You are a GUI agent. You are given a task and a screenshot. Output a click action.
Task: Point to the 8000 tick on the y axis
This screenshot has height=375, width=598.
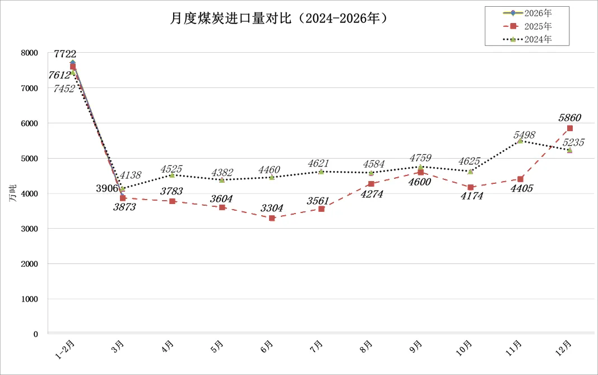[29, 53]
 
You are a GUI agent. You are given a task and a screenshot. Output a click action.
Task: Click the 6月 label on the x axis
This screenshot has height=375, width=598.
[267, 346]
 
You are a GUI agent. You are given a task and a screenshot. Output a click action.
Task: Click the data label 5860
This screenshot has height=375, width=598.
[569, 118]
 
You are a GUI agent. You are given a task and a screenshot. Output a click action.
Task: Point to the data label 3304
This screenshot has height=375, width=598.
[272, 208]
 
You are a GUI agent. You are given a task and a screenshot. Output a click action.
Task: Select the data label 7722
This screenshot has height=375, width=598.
[66, 54]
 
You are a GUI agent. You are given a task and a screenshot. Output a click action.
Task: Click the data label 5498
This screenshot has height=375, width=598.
[525, 135]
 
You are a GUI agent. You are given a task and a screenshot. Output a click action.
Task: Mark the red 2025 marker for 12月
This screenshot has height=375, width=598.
[570, 128]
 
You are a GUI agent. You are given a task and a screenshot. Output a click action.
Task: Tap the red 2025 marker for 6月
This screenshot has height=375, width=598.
[272, 218]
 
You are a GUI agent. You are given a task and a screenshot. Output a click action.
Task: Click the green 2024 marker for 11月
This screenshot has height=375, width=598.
[520, 141]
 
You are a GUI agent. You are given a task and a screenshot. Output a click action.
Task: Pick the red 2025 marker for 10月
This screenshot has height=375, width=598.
[470, 187]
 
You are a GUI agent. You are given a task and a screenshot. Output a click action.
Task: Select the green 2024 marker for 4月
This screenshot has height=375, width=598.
[172, 175]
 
